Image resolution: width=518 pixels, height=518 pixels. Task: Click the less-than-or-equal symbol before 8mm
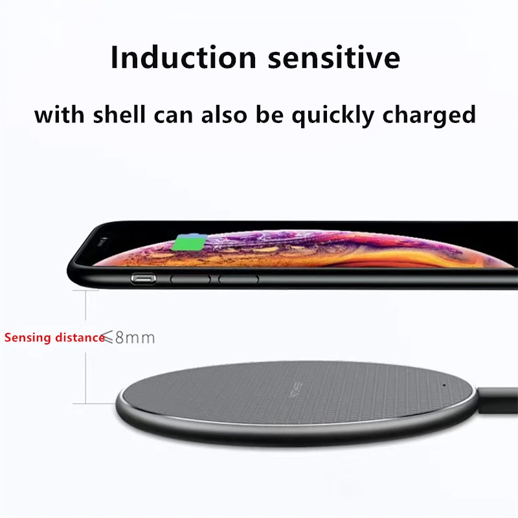click(109, 337)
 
